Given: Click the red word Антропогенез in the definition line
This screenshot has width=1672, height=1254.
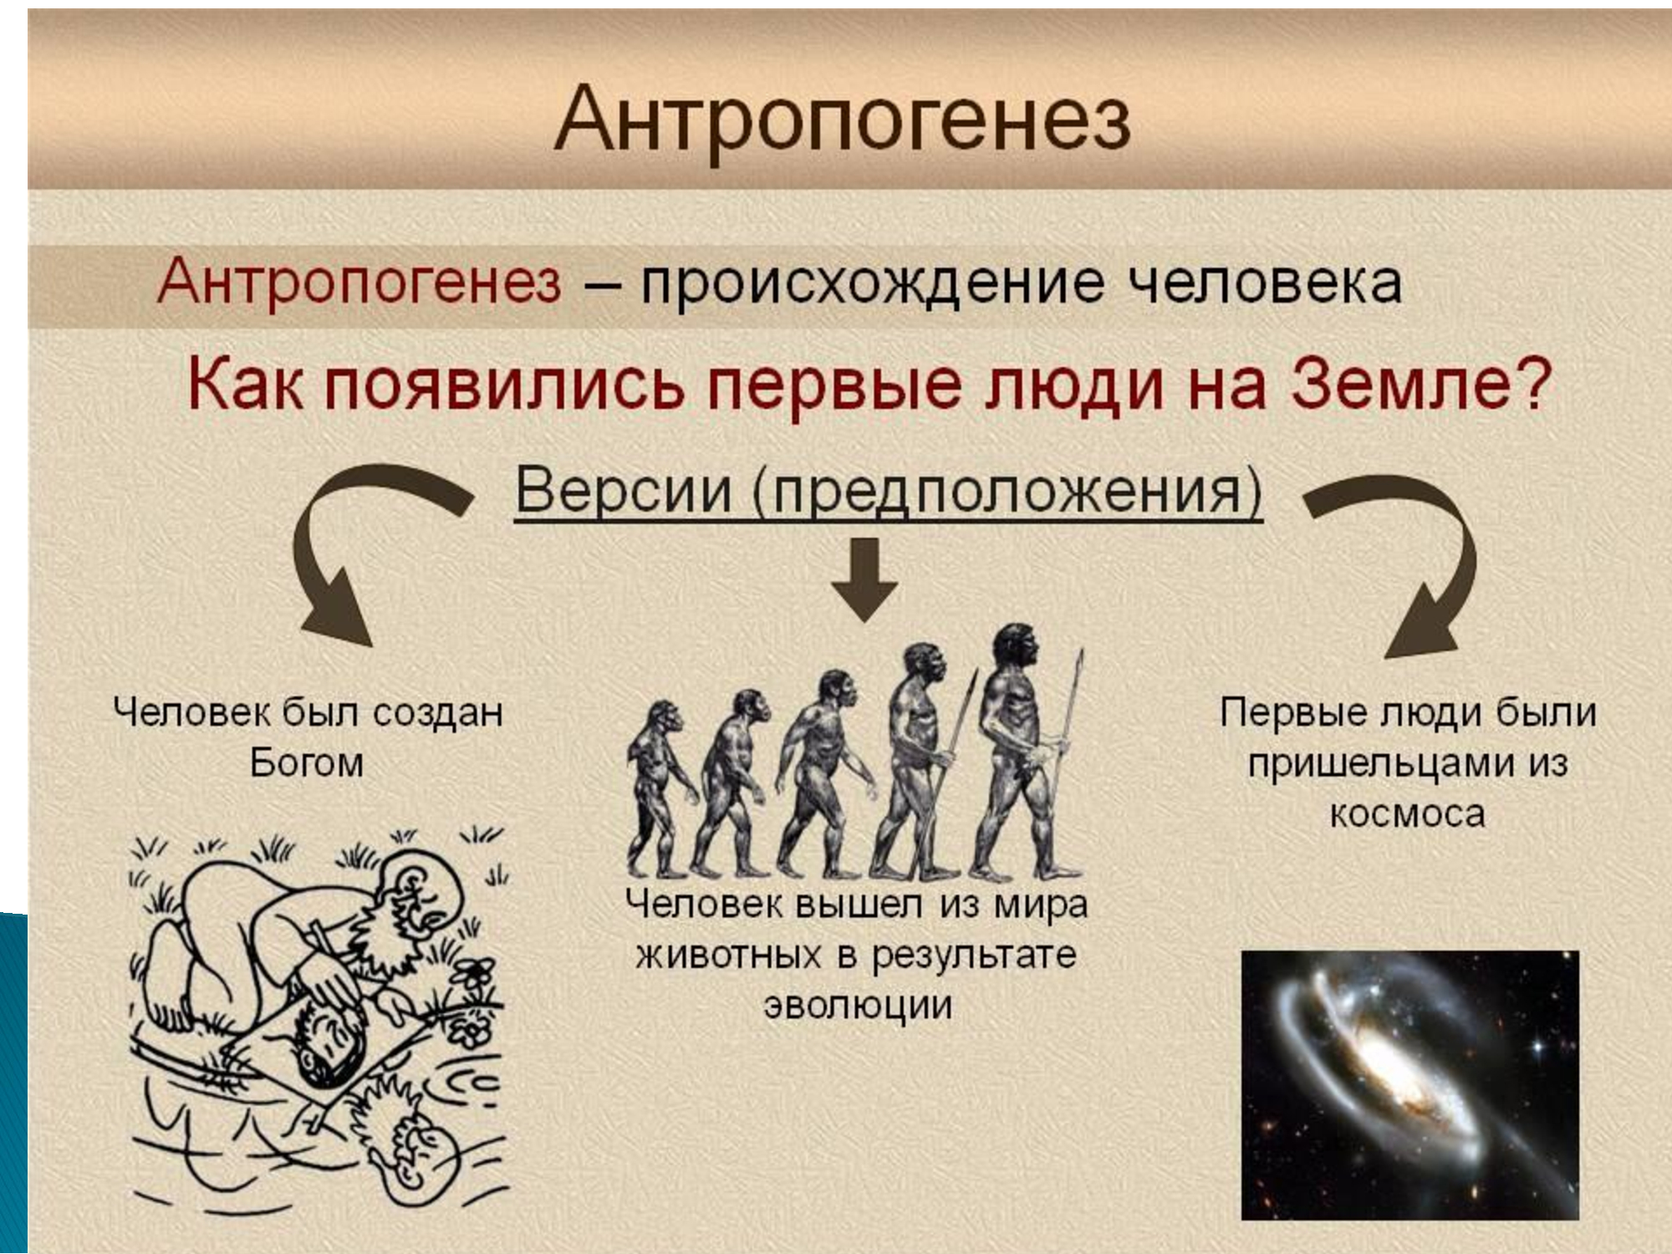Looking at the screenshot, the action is coord(359,281).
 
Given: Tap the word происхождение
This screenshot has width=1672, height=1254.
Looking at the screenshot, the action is coord(872,284).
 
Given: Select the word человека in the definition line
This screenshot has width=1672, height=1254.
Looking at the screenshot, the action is coord(1265,283).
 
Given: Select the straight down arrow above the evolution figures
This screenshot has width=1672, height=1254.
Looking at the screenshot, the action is coord(865,579).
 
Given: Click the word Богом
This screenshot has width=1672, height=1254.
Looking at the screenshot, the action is coord(307,763).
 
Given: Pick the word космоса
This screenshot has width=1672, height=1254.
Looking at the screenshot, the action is coord(1408,813).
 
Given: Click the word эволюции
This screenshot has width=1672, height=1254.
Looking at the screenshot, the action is coord(858,1005).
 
